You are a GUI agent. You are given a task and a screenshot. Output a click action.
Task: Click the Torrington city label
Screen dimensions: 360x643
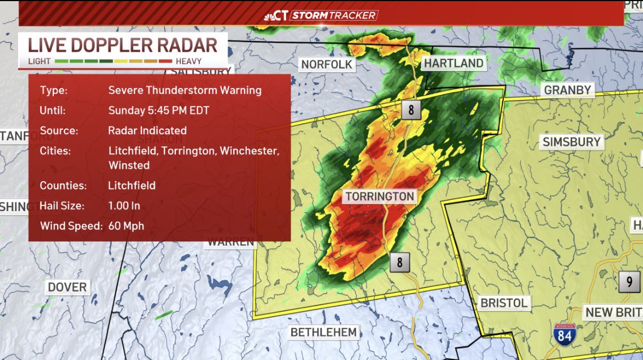coord(379,197)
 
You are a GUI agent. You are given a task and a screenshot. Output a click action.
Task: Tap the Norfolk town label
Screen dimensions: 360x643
coord(326,65)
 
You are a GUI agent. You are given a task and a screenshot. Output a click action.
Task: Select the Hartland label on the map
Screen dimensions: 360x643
coord(453,63)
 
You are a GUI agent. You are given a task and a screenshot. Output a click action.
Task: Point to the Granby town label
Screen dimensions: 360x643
coord(568,90)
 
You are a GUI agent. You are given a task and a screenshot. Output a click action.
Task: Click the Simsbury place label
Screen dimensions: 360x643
coord(572,142)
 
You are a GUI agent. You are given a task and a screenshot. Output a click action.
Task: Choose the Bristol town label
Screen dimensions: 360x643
coord(503,303)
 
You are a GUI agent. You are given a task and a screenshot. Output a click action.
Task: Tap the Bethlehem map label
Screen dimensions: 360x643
coord(323,332)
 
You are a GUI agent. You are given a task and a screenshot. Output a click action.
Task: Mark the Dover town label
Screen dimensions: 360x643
coord(67,287)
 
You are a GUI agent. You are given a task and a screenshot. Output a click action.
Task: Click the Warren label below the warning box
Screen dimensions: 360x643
coord(230,242)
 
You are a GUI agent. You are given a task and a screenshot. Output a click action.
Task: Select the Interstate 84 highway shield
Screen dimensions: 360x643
coord(564,333)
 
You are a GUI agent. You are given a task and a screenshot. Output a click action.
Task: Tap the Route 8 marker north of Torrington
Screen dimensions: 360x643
coord(411,110)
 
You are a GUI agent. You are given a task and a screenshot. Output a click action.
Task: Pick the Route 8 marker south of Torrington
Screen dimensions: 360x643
coord(400,263)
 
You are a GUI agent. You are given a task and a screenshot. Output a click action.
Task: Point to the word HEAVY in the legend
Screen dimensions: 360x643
coord(189,62)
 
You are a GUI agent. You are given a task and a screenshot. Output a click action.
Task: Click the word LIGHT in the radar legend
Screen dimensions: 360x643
coord(39,62)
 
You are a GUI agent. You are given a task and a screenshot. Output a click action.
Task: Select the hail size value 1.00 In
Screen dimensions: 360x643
coord(124,206)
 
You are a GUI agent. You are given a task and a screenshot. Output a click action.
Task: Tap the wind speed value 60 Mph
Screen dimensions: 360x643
coord(126,226)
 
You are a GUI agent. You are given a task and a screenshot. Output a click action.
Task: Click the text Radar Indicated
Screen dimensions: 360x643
coord(147,131)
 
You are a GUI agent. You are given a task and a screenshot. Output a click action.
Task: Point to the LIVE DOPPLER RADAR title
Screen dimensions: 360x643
coord(123,45)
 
